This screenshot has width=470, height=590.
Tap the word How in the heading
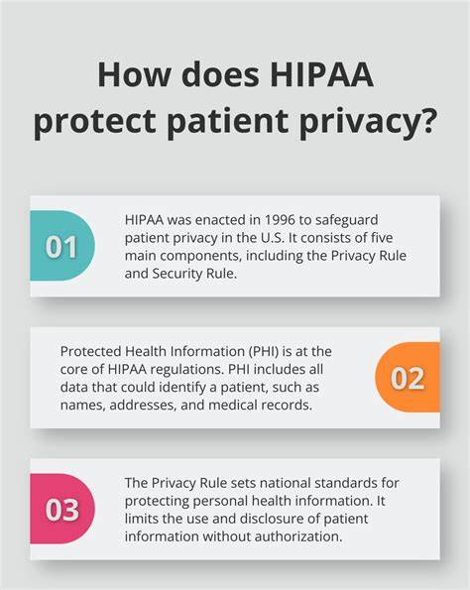click(x=134, y=74)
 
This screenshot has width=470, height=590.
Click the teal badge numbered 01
click(x=62, y=246)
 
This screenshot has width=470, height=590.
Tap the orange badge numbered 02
click(x=408, y=377)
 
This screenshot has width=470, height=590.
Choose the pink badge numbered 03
click(x=62, y=509)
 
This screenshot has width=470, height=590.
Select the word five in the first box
click(x=380, y=238)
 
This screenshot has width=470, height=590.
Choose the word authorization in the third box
click(x=298, y=536)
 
